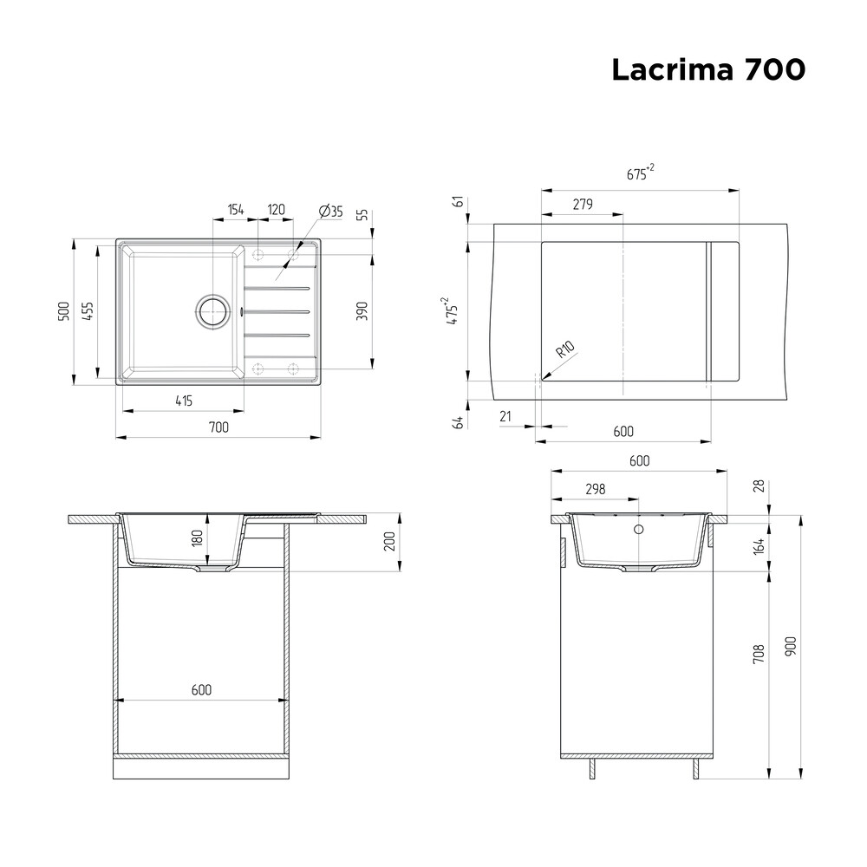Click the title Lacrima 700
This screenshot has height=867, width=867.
pos(708,69)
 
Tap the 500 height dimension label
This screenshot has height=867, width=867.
pos(64,311)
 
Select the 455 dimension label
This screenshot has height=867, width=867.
pos(88,311)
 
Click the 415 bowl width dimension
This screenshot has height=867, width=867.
pos(184,401)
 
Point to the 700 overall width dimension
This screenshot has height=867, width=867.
pos(218,427)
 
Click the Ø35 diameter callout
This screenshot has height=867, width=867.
pos(330,211)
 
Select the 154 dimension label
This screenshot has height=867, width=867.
pos(236,210)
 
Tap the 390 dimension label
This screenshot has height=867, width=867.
pos(362,311)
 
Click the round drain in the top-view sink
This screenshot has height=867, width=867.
pos(212,311)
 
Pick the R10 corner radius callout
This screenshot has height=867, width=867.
pos(565,349)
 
